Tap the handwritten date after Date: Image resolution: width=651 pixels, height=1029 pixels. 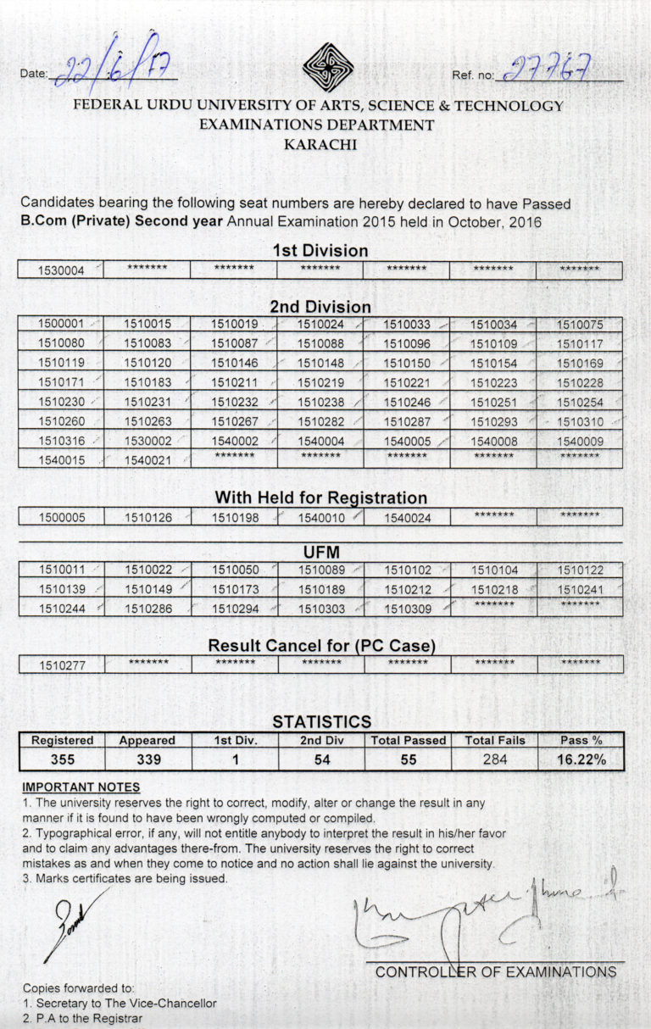click(110, 69)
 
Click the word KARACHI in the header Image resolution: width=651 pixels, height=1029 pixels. click(320, 144)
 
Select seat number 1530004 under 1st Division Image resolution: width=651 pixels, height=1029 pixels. click(61, 271)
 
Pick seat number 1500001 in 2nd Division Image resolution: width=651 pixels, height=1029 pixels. click(61, 325)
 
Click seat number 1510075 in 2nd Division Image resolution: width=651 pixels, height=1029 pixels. click(580, 325)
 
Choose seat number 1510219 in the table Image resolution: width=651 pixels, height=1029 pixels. click(320, 382)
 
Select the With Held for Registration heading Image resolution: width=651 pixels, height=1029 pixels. click(320, 498)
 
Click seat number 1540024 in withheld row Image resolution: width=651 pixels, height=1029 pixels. click(407, 517)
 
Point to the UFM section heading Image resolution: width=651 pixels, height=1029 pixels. click(320, 552)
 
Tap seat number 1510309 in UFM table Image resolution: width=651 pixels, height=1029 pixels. click(407, 609)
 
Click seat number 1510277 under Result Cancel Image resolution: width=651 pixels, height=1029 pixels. click(61, 665)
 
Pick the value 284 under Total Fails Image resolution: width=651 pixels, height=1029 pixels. click(495, 759)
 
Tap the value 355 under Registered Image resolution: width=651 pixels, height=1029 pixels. click(62, 759)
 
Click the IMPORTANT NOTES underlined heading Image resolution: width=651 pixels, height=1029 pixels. click(69, 787)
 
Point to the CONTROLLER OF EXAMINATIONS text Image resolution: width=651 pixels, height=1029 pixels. click(496, 972)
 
